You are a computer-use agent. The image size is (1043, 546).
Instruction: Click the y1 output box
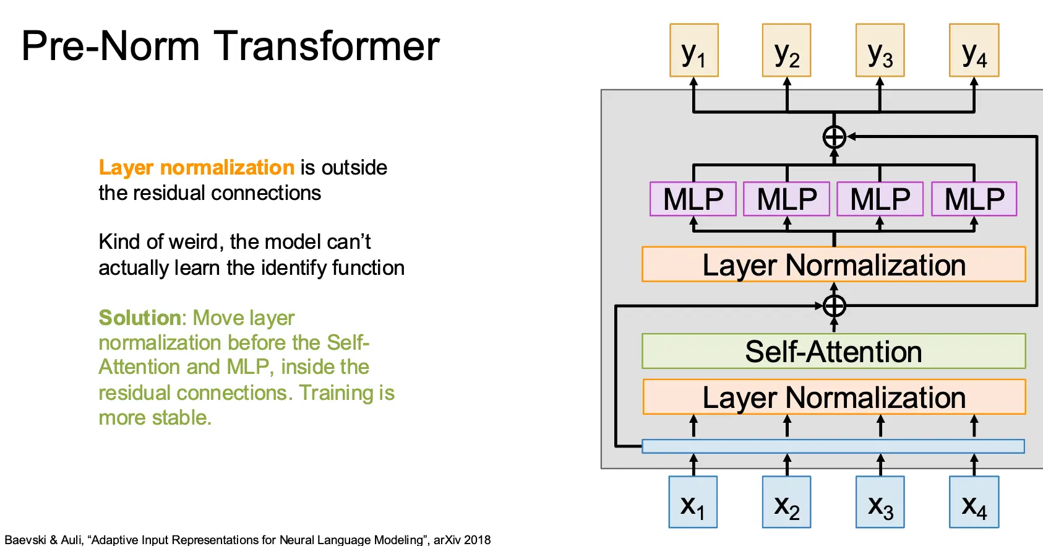click(693, 51)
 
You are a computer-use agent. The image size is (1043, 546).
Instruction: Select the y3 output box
click(880, 51)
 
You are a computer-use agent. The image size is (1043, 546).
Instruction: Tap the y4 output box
click(974, 51)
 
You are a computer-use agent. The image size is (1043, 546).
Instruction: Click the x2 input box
click(786, 502)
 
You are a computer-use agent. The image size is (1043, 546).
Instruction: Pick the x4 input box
click(974, 502)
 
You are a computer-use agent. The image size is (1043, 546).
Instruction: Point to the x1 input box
click(693, 502)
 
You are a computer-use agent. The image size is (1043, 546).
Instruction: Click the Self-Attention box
click(833, 352)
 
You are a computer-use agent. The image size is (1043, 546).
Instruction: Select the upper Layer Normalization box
click(833, 265)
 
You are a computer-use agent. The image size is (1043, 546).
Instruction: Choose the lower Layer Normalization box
click(833, 397)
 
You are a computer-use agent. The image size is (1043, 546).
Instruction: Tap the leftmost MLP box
click(693, 199)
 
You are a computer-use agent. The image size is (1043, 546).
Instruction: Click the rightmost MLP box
click(974, 199)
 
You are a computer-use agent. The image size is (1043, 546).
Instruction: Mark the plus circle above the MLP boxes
click(834, 137)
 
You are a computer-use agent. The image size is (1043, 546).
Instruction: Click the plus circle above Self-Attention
click(834, 306)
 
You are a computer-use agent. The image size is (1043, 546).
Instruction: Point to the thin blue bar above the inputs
click(833, 446)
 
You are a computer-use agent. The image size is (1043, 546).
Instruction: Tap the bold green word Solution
click(139, 318)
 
